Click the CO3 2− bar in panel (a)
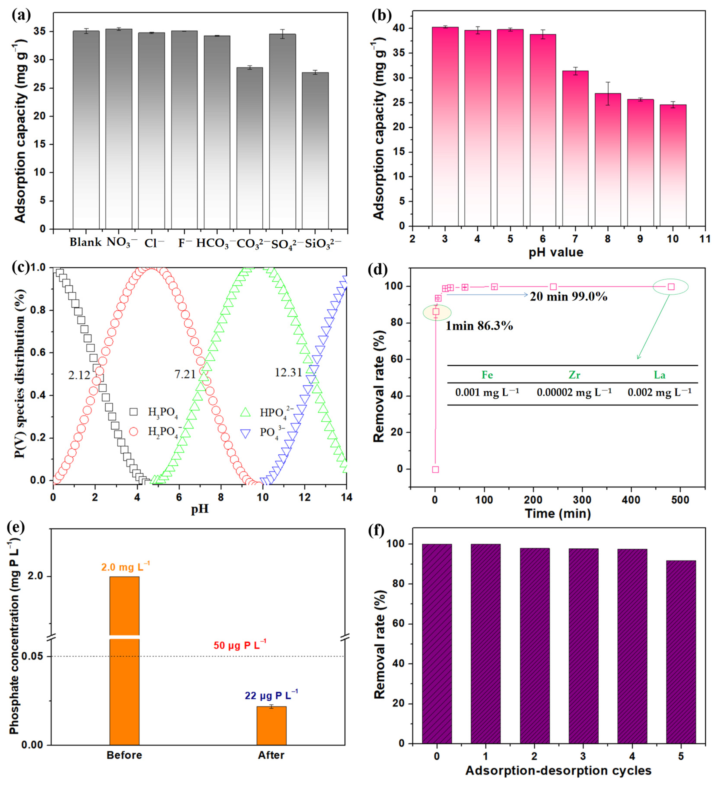[x=250, y=148]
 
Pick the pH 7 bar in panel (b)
[x=575, y=148]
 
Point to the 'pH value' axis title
[x=556, y=252]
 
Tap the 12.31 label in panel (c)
[x=288, y=373]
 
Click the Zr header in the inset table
[x=575, y=375]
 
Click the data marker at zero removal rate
[x=436, y=469]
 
